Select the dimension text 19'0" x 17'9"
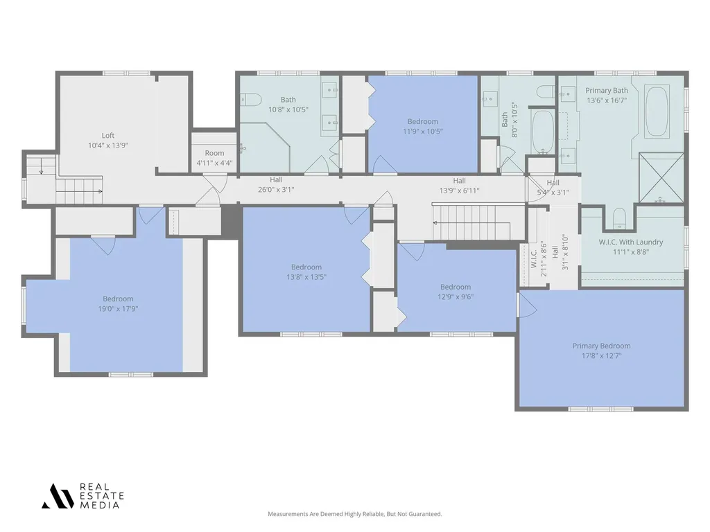click(x=118, y=308)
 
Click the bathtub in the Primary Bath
click(x=657, y=112)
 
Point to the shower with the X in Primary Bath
click(x=661, y=177)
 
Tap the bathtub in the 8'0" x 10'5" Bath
click(x=542, y=132)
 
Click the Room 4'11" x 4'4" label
click(x=214, y=158)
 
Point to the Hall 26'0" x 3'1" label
click(x=276, y=184)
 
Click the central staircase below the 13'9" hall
click(x=478, y=222)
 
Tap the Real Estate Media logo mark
click(x=58, y=496)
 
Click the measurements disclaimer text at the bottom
click(x=354, y=514)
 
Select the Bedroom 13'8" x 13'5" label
click(x=306, y=272)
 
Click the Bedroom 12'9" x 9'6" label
click(x=456, y=292)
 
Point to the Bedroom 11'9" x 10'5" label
click(x=423, y=126)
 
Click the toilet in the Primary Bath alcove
click(x=619, y=219)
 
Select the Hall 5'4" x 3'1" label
click(x=553, y=187)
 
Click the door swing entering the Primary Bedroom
click(x=528, y=304)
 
